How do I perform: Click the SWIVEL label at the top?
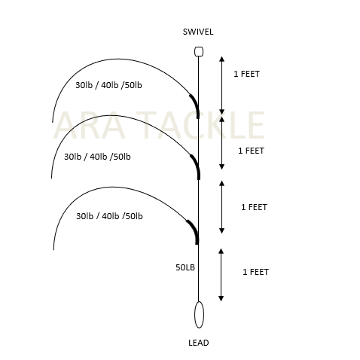pyautogui.click(x=198, y=32)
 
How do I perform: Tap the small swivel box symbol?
pyautogui.click(x=199, y=51)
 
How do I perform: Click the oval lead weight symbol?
pyautogui.click(x=199, y=315)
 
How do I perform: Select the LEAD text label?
pyautogui.click(x=199, y=343)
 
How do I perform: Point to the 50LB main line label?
pyautogui.click(x=185, y=267)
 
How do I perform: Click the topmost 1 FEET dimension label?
pyautogui.click(x=246, y=74)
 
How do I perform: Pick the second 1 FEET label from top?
pyautogui.click(x=251, y=151)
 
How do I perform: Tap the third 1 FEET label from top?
pyautogui.click(x=254, y=207)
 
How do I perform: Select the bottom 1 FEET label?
pyautogui.click(x=255, y=272)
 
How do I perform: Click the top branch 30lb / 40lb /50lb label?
pyautogui.click(x=108, y=85)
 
